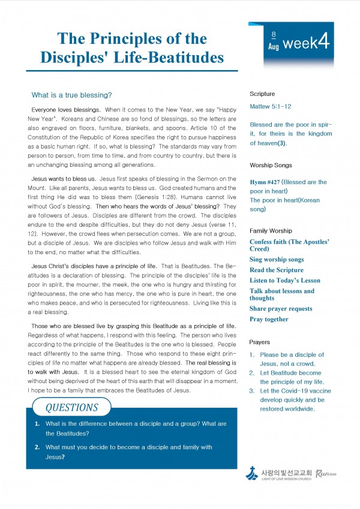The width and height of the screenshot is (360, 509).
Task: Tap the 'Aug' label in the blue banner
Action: [x=273, y=46]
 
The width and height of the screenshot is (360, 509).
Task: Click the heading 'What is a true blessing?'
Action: [x=71, y=95]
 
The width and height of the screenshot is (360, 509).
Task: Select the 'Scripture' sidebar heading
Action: [x=262, y=94]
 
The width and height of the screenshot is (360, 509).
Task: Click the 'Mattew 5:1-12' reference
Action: [x=270, y=106]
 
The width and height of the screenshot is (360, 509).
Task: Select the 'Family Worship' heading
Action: [x=271, y=230]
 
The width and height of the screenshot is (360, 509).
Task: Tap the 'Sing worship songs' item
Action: [x=277, y=260]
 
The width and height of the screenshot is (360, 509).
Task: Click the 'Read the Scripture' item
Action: [x=277, y=270]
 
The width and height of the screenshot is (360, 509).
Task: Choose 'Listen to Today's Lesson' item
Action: [x=285, y=280]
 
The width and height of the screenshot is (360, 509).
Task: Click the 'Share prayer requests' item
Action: [x=281, y=309]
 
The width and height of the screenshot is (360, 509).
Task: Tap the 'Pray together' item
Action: [x=269, y=319]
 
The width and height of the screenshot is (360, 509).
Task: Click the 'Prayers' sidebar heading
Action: [x=260, y=342]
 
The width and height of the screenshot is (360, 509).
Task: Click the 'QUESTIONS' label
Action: [x=71, y=408]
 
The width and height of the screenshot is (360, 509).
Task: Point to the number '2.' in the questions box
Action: [x=37, y=447]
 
